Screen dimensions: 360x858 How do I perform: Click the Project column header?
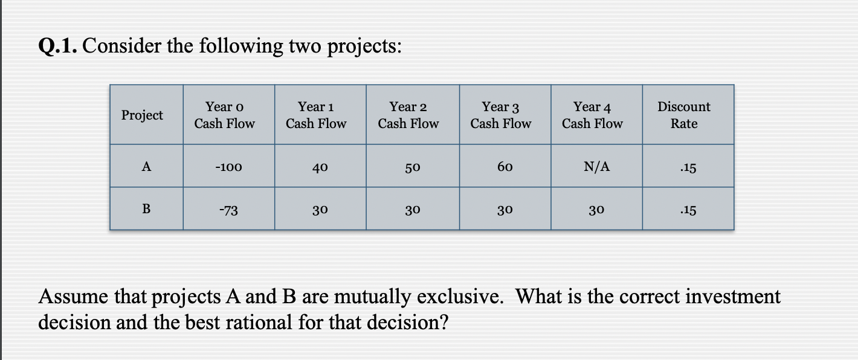(x=142, y=115)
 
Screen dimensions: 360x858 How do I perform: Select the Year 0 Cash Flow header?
(x=224, y=115)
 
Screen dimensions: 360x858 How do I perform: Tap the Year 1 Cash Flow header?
(x=316, y=115)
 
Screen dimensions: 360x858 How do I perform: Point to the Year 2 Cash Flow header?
(x=408, y=115)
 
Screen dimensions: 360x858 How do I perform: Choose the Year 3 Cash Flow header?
(x=500, y=115)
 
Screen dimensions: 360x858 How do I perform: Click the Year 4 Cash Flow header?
(x=592, y=115)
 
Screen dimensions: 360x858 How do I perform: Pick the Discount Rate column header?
(x=684, y=115)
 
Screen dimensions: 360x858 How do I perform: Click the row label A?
(x=146, y=166)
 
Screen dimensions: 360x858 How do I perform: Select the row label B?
(x=146, y=210)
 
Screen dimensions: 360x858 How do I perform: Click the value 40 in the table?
(x=320, y=167)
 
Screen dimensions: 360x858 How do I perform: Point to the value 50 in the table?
(x=413, y=167)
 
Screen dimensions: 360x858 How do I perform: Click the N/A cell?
(x=596, y=167)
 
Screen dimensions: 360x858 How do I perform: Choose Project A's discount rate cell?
(x=688, y=167)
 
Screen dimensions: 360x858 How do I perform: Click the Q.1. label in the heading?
(x=58, y=46)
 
